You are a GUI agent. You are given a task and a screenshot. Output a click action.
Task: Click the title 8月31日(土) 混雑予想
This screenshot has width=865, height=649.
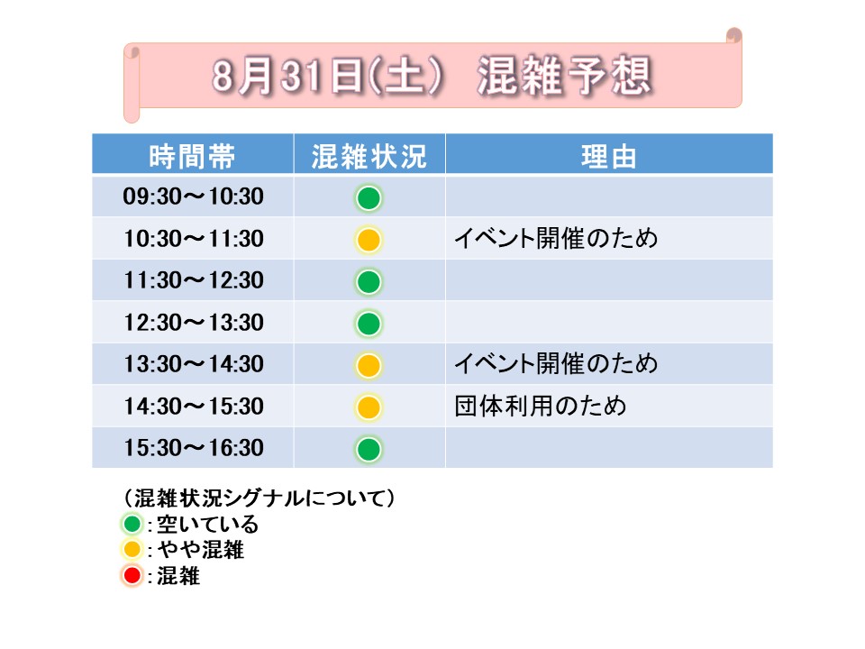point(432,76)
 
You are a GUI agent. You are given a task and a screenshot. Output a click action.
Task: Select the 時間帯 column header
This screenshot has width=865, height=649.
point(192,156)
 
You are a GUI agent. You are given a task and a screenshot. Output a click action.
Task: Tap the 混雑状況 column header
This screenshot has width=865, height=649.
point(369,156)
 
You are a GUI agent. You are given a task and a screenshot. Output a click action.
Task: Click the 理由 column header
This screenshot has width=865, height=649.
point(608,156)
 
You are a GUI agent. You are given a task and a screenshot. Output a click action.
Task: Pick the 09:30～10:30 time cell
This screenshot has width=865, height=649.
point(193,197)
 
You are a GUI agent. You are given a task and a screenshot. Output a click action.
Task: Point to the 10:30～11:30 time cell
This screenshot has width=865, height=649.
point(193,238)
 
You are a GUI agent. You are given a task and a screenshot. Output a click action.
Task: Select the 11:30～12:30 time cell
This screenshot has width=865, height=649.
point(193,280)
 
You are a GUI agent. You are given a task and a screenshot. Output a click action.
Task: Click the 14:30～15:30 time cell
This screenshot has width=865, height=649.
point(193,407)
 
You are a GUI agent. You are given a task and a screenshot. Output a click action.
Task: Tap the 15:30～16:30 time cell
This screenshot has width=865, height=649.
point(193,448)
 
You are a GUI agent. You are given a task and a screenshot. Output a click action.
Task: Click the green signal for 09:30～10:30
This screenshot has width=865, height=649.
point(369,198)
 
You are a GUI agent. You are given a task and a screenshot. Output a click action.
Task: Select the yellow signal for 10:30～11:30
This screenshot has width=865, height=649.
point(369,240)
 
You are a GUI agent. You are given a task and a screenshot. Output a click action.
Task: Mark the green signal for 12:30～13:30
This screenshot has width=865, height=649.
point(369,324)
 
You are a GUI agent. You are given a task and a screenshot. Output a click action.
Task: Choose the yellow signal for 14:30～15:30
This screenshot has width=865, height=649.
point(369,407)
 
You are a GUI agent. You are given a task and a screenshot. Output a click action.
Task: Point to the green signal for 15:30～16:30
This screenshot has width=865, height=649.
point(369,449)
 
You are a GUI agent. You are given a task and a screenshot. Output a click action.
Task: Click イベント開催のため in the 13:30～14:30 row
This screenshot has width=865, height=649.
point(556,363)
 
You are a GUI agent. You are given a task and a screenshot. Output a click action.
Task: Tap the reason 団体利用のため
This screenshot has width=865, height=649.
point(541,407)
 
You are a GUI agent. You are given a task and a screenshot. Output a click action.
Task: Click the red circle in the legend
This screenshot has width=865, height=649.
point(132,576)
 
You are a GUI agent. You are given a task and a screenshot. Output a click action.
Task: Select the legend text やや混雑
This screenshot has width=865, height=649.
point(201,550)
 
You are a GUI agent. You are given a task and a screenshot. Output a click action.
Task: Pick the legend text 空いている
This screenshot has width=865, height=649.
point(208,524)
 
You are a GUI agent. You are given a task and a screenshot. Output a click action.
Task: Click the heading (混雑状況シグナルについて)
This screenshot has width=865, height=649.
point(259,498)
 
